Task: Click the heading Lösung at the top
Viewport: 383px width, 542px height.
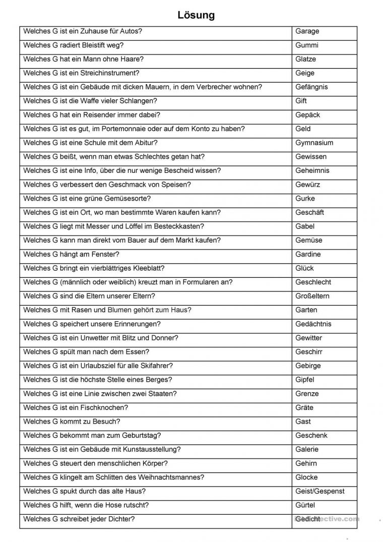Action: (x=196, y=15)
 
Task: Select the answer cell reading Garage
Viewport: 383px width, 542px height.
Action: (x=307, y=31)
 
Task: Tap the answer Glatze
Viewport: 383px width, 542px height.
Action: (x=306, y=59)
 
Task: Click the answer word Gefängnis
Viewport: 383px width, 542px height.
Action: (x=311, y=87)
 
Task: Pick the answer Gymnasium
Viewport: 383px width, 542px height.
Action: (x=314, y=143)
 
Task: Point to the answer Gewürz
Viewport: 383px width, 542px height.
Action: (x=307, y=185)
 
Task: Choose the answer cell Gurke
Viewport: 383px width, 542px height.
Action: (x=305, y=198)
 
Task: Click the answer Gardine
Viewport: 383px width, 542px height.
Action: (x=308, y=254)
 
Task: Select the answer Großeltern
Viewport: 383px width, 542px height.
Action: (x=312, y=296)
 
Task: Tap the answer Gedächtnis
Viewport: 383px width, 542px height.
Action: (x=313, y=324)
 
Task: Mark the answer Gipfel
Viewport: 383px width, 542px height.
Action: (x=305, y=380)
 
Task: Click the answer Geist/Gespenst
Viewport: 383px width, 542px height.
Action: (x=320, y=491)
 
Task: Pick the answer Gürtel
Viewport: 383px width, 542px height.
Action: (x=305, y=505)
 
